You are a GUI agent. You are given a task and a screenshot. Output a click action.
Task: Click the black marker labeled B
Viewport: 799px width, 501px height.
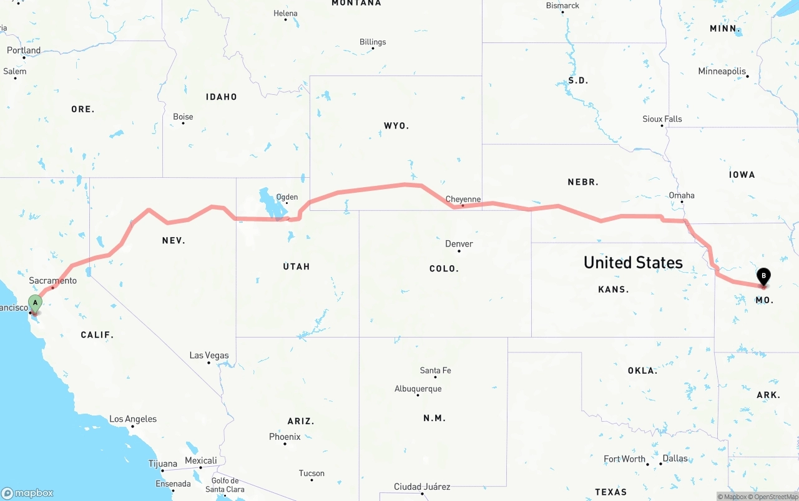(763, 276)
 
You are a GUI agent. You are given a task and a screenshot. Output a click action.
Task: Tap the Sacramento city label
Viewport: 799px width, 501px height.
(52, 281)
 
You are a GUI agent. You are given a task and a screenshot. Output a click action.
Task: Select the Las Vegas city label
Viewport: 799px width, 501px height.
(209, 356)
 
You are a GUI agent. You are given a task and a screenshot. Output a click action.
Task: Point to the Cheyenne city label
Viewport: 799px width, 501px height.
(463, 200)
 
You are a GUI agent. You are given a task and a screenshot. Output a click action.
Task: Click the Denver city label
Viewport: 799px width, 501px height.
(459, 244)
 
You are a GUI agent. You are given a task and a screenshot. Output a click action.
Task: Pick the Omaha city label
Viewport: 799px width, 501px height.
(682, 195)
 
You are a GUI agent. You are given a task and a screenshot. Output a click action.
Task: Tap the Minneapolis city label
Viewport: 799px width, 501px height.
(722, 72)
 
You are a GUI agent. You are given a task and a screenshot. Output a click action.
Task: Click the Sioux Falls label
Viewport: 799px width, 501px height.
(662, 119)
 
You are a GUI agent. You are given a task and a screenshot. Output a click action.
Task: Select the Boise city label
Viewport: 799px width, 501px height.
(183, 117)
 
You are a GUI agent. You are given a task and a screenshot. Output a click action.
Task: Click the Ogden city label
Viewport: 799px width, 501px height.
(287, 197)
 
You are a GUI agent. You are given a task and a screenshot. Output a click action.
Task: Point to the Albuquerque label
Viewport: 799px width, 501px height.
(418, 389)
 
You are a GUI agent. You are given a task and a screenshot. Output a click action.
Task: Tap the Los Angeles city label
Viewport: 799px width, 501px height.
(133, 419)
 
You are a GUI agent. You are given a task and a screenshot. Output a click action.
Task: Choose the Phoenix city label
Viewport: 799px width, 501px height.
(285, 437)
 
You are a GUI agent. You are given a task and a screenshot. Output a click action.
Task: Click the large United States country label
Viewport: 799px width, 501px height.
(633, 263)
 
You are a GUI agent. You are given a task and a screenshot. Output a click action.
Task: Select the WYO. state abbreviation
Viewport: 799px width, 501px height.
(396, 126)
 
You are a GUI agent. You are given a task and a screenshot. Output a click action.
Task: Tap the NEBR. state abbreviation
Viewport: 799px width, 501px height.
(583, 182)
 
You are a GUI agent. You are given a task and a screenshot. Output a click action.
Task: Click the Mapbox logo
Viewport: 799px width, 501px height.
(27, 494)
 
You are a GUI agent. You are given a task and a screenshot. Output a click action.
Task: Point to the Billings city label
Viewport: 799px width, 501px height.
(373, 42)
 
